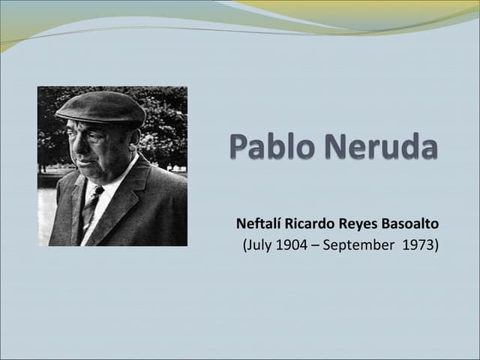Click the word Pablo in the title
[271, 146]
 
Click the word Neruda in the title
[378, 146]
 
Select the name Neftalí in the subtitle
[259, 223]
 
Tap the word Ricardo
[310, 223]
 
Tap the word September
[361, 245]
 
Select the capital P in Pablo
[239, 146]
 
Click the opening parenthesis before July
[246, 246]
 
